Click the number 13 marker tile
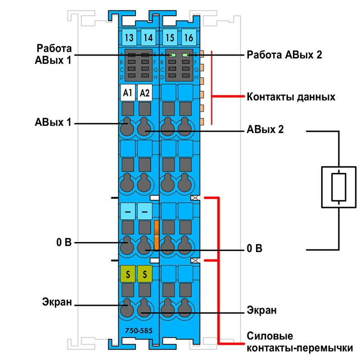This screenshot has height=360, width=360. click(129, 37)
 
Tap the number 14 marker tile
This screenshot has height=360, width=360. click(148, 37)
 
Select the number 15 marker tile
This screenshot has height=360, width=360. click(170, 37)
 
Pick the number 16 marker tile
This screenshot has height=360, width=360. click(189, 37)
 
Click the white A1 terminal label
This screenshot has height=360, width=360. click(128, 93)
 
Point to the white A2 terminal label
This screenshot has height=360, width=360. click(144, 93)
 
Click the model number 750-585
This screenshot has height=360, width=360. click(139, 331)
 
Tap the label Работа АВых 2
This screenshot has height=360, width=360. click(284, 55)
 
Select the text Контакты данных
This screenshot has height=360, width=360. click(291, 97)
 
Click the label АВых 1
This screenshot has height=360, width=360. click(53, 122)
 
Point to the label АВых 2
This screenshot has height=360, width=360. click(265, 130)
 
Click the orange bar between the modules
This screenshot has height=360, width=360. click(156, 235)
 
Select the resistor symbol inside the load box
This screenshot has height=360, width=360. click(339, 187)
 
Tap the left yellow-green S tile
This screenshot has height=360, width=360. click(128, 274)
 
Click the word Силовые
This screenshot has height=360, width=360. click(270, 336)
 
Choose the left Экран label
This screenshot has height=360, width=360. click(57, 302)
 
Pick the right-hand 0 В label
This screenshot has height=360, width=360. click(254, 248)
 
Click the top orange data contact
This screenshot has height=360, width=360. click(202, 54)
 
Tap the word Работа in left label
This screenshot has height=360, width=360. click(54, 49)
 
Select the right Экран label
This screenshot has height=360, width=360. click(261, 310)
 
